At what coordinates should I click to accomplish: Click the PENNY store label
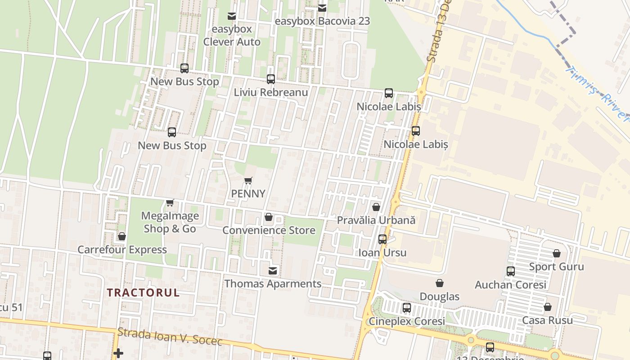[248, 193]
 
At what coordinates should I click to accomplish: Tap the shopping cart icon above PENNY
[248, 181]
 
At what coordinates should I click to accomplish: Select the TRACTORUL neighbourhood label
[143, 292]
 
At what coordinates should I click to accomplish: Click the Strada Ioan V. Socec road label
[170, 337]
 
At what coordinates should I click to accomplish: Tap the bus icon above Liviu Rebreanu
[271, 79]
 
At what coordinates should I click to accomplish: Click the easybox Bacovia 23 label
[322, 21]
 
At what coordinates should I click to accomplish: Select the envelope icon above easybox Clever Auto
[232, 16]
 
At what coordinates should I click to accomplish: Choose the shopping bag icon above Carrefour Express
[121, 236]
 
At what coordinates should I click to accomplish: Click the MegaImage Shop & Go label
[170, 222]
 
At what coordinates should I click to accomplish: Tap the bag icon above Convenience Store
[269, 217]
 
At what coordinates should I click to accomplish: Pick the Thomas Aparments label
[273, 284]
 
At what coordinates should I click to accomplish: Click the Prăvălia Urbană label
[376, 220]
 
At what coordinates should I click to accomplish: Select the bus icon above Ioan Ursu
[382, 239]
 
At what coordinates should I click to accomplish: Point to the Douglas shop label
[439, 297]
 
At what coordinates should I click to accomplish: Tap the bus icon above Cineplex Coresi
[407, 308]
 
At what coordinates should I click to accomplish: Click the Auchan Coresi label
[510, 285]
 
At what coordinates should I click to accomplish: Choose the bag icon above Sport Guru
[557, 253]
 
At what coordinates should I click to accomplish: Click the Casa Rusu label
[547, 320]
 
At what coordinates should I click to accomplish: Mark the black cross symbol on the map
[118, 353]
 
